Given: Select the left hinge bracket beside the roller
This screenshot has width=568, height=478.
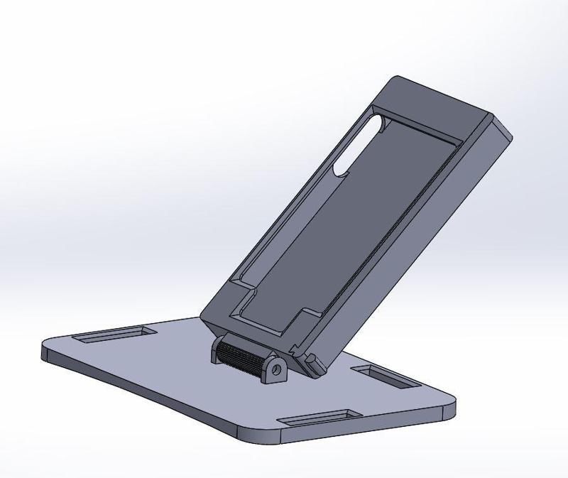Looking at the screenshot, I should (214, 351).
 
